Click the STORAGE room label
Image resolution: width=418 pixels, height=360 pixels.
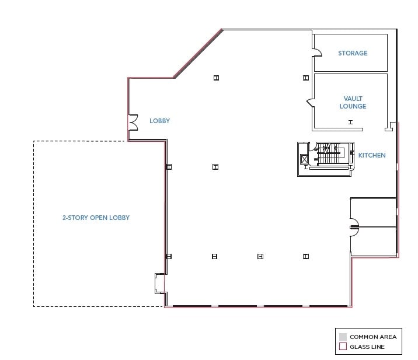pos(353,53)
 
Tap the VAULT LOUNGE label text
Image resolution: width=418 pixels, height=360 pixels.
pos(353,103)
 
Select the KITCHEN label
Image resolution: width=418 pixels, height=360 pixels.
pos(372,155)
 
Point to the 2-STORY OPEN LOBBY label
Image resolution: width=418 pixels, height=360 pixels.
pos(96,218)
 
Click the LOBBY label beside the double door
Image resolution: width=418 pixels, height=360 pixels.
pos(159,121)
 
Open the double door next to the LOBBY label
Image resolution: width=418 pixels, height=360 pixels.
pos(133,122)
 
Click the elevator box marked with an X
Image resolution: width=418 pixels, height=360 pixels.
pos(304,159)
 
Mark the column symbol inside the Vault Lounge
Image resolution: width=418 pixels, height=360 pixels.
pos(350,122)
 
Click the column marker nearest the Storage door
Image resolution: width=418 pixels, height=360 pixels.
pos(305,78)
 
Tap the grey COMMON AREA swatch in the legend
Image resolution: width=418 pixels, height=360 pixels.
pos(343,337)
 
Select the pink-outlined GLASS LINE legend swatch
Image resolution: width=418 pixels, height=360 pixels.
pos(343,347)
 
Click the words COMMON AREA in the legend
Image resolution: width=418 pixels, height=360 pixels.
pos(373,337)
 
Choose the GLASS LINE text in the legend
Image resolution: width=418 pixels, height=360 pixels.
pos(367,347)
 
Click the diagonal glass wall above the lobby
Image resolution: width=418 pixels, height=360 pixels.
pos(197,54)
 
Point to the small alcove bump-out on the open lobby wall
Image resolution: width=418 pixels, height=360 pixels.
pos(158,283)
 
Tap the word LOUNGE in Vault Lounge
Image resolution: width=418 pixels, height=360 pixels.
pos(353,106)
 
